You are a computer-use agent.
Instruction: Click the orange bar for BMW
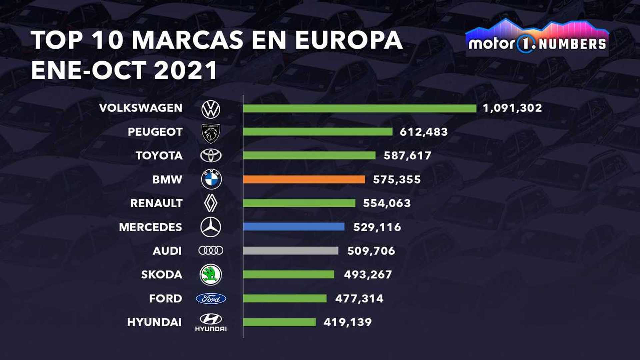[x=304, y=179]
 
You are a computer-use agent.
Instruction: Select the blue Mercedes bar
[x=294, y=227]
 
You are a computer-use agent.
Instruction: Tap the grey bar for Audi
[x=291, y=251]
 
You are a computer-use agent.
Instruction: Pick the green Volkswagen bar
[x=360, y=108]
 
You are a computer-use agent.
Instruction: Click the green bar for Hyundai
[x=279, y=322]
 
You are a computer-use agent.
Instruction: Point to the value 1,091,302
[x=512, y=108]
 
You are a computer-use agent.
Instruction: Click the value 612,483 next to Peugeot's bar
[x=424, y=132]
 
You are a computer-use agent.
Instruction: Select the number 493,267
[x=368, y=275]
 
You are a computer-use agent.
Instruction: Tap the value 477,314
[x=359, y=298]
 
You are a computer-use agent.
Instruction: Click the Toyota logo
[x=211, y=156]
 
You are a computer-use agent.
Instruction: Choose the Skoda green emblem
[x=211, y=275]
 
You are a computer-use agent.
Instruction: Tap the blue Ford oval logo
[x=211, y=299]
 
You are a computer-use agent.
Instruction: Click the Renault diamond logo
[x=211, y=203]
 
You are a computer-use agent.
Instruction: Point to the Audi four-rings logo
[x=211, y=251]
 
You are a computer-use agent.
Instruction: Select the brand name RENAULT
[x=156, y=203]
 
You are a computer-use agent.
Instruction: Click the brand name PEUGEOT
[x=155, y=132]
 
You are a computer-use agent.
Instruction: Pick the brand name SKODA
[x=162, y=275]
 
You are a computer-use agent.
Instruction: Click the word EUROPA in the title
[x=349, y=40]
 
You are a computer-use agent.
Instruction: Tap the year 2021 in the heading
[x=186, y=70]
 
